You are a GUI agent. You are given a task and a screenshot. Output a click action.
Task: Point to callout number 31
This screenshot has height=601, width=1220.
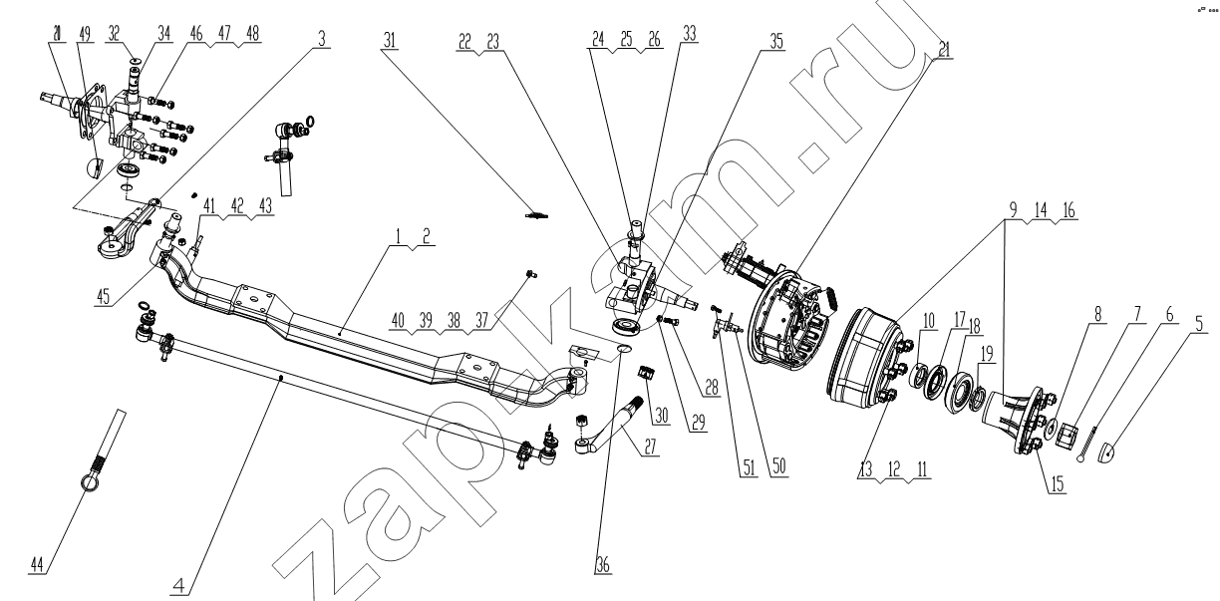click(390, 41)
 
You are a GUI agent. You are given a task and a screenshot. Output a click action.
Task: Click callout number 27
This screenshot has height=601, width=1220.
click(652, 449)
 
